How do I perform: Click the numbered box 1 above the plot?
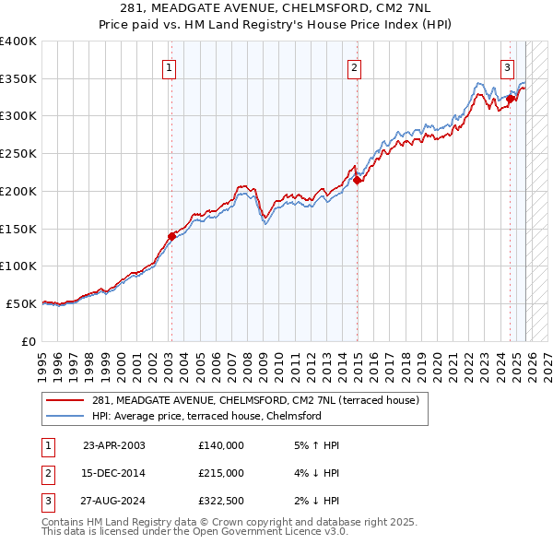(171, 66)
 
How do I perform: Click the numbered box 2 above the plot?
(355, 66)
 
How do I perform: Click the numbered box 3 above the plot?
(508, 66)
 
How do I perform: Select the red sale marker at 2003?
(171, 236)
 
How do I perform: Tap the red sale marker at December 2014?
(357, 180)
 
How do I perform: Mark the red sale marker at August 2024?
(511, 99)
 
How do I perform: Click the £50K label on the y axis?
(22, 303)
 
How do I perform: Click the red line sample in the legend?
(65, 400)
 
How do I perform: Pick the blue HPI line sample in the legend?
(65, 416)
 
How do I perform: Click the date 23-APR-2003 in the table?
(114, 445)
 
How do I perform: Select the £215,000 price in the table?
(221, 473)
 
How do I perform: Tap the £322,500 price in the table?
(221, 501)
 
